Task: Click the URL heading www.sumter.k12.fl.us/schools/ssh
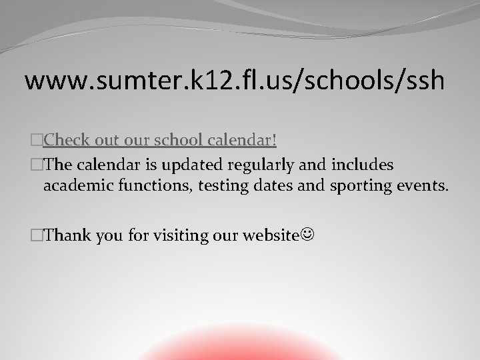point(234,80)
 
